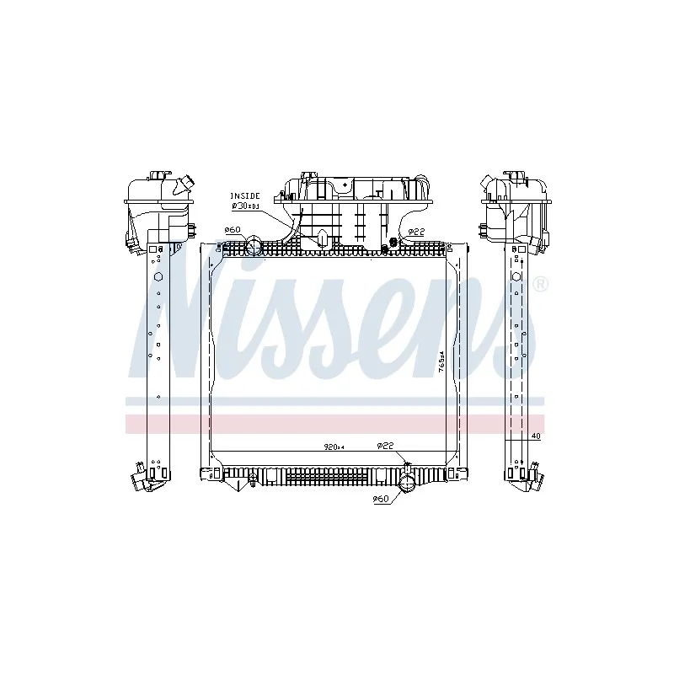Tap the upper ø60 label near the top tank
pyautogui.click(x=233, y=230)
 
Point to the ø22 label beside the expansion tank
pyautogui.click(x=415, y=232)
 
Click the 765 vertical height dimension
pyautogui.click(x=441, y=362)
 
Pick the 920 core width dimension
pyautogui.click(x=334, y=447)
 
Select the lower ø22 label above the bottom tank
pyautogui.click(x=386, y=446)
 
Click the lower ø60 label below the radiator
pyautogui.click(x=380, y=500)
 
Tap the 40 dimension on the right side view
pyautogui.click(x=535, y=436)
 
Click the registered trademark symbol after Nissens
pyautogui.click(x=542, y=284)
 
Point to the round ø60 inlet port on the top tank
pyautogui.click(x=254, y=246)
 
